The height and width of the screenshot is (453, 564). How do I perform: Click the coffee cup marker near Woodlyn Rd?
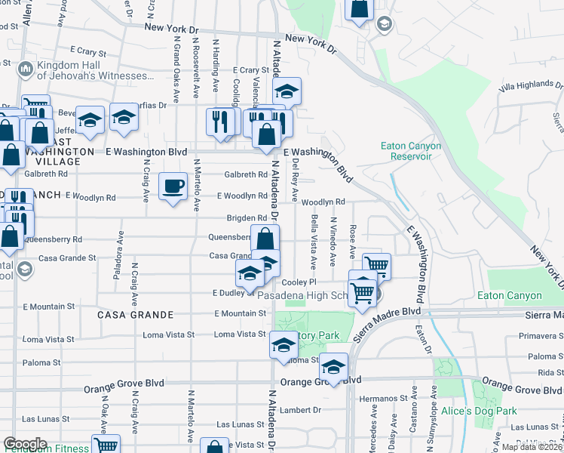tap(173, 186)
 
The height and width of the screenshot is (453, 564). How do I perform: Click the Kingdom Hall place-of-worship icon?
tap(25, 69)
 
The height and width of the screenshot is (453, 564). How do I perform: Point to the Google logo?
tap(25, 444)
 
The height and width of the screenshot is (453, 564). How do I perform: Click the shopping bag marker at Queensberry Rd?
tap(265, 240)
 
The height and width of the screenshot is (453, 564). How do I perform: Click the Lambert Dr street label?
tap(302, 410)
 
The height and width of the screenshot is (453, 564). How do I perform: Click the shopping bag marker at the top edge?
tap(360, 9)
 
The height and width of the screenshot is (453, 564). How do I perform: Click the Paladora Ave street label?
tap(118, 261)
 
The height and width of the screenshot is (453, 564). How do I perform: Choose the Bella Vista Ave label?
tap(314, 240)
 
